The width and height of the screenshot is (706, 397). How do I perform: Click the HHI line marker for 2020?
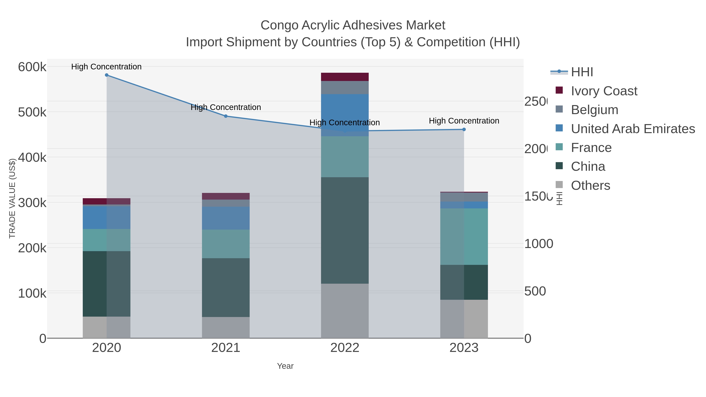[107, 75]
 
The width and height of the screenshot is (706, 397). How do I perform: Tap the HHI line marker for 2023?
[464, 130]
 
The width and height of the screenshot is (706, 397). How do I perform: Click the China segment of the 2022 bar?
[345, 230]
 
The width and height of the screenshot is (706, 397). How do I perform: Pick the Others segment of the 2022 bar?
[345, 311]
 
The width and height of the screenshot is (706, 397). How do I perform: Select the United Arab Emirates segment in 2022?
[345, 115]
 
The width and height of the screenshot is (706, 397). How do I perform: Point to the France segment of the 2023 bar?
[464, 236]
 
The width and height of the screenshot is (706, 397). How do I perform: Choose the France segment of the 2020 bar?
[107, 240]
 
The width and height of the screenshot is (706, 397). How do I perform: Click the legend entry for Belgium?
[594, 110]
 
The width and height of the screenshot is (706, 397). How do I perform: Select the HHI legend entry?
[582, 72]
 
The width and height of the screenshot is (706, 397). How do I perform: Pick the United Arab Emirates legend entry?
[632, 129]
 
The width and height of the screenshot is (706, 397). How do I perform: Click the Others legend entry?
[590, 185]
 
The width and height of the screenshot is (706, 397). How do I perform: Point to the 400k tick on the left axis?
[32, 158]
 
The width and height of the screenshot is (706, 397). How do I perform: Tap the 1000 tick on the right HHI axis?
[539, 244]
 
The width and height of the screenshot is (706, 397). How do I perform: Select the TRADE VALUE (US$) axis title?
[12, 198]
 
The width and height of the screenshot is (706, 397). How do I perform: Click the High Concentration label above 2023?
[464, 121]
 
